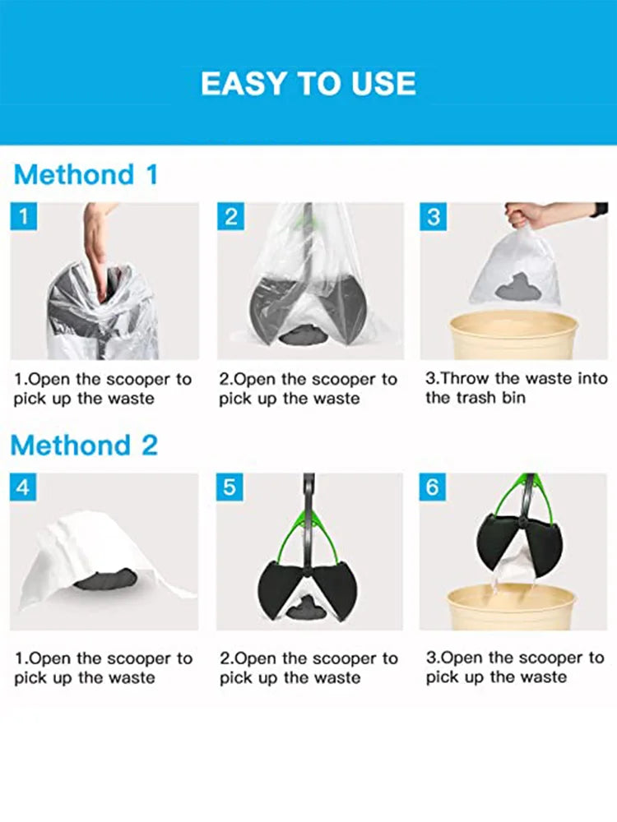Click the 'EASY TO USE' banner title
(x=308, y=83)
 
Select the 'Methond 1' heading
(x=86, y=174)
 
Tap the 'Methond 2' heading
(x=84, y=445)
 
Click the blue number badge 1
(x=24, y=216)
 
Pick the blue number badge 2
(x=231, y=216)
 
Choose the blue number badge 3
(x=434, y=216)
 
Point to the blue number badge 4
(x=23, y=487)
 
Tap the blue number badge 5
(x=230, y=487)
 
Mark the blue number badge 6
(x=433, y=487)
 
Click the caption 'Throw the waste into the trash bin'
(x=517, y=388)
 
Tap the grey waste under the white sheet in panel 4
(x=105, y=580)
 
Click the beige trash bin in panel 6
(x=512, y=607)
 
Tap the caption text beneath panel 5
(x=308, y=667)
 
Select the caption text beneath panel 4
(x=103, y=667)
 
